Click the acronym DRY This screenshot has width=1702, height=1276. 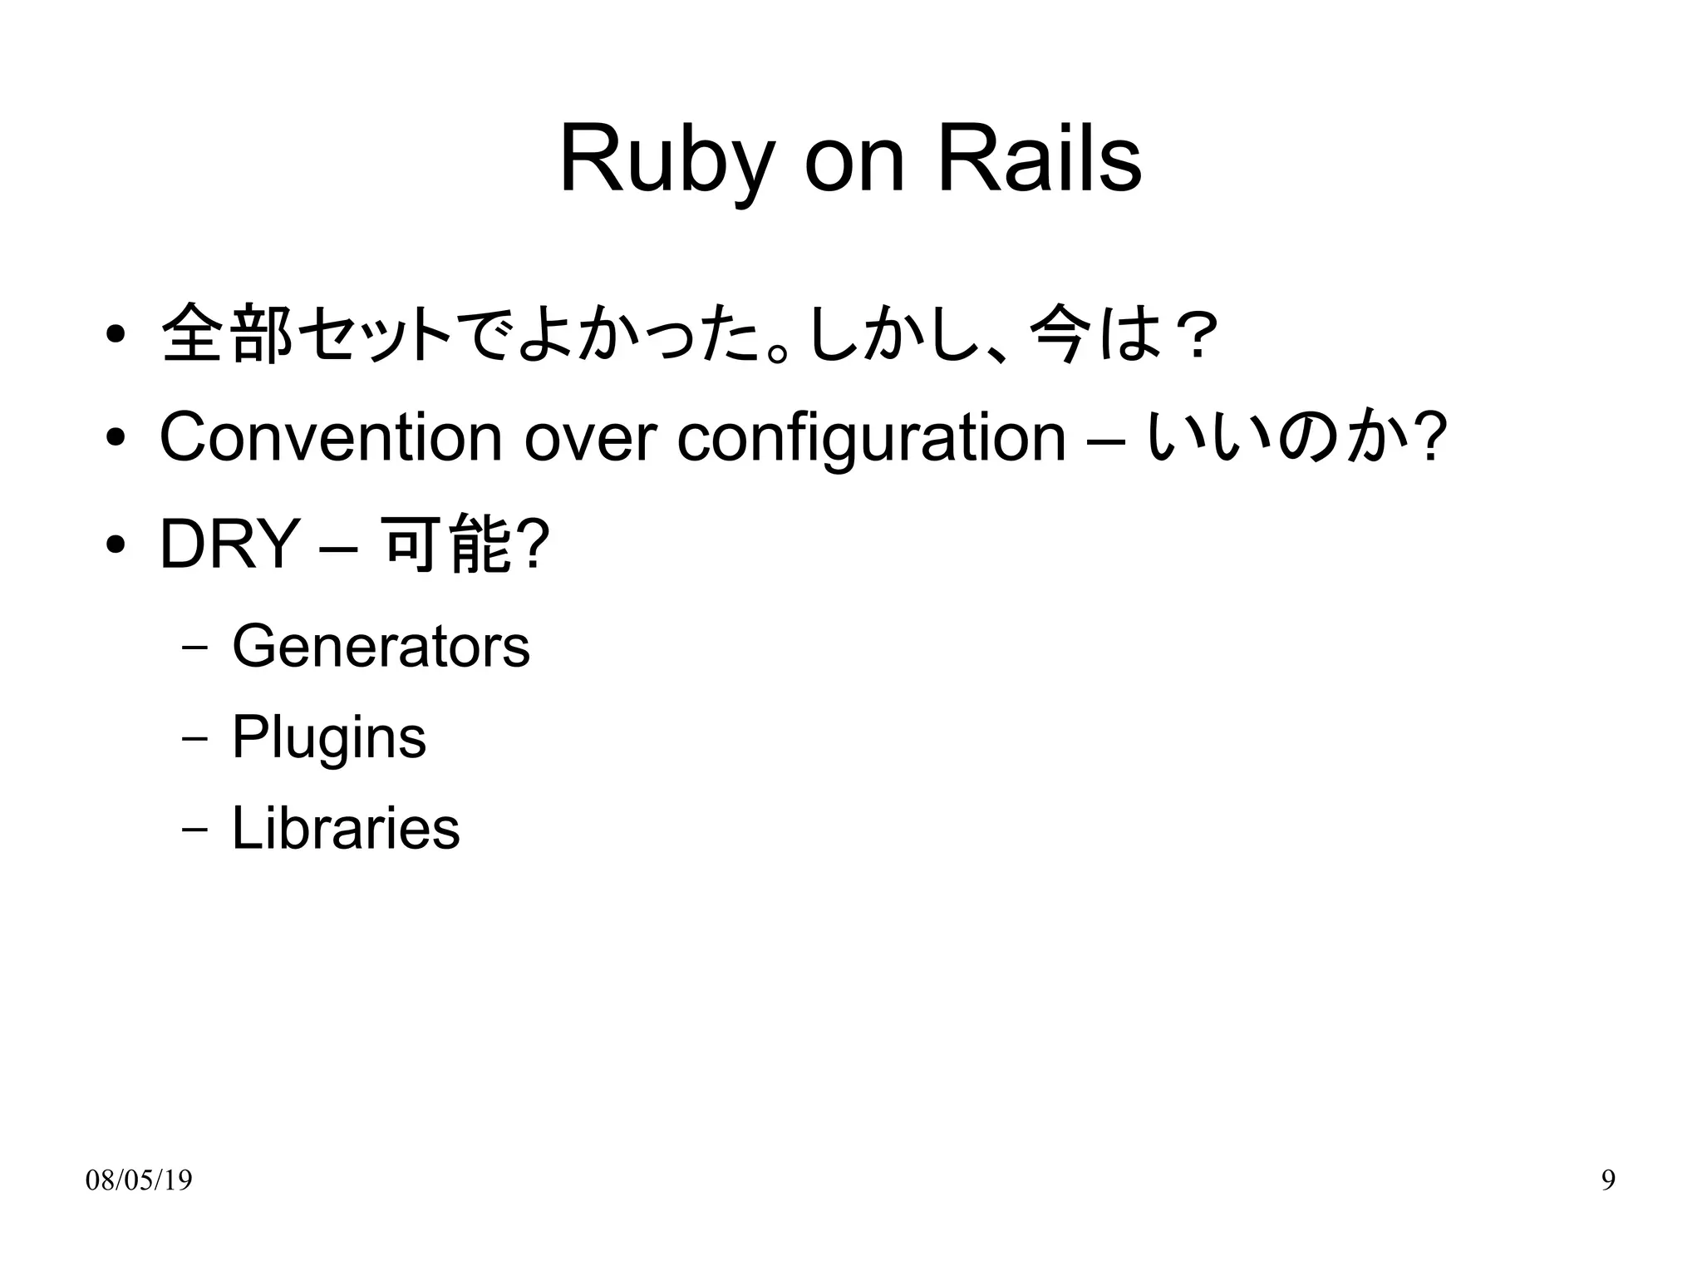229,544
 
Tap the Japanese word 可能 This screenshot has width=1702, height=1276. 447,544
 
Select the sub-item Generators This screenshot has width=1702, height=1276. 381,647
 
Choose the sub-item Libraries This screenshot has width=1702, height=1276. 345,828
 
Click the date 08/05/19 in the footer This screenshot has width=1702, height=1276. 139,1180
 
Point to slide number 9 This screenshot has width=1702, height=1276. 1608,1180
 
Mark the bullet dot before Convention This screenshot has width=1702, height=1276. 116,437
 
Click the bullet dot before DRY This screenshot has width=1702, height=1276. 116,544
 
